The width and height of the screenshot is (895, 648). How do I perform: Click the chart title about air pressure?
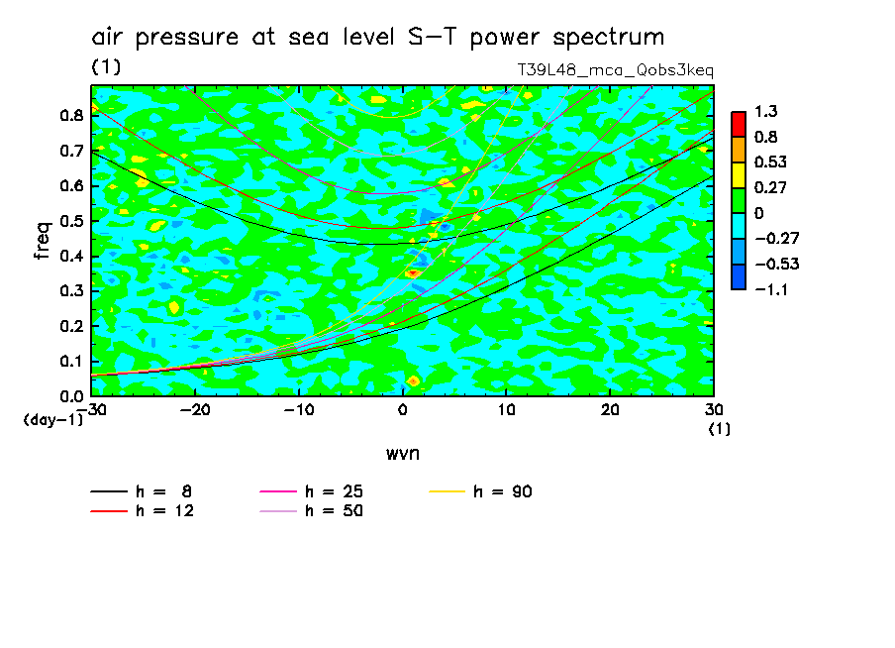377,38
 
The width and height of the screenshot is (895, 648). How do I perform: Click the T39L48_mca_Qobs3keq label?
615,70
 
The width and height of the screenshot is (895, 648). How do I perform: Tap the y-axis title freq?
43,241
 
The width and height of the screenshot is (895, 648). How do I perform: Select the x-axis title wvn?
402,453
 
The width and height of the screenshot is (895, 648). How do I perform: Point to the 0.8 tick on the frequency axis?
69,115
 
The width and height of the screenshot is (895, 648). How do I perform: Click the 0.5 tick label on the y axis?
69,221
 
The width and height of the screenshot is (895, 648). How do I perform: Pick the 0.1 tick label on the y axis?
69,362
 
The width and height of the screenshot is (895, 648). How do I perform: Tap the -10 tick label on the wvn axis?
298,409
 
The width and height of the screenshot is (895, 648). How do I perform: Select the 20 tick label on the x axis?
610,409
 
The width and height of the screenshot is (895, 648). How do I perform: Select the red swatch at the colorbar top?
738,124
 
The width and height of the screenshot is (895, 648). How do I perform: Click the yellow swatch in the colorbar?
738,174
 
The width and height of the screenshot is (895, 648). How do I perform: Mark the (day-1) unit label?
53,420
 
